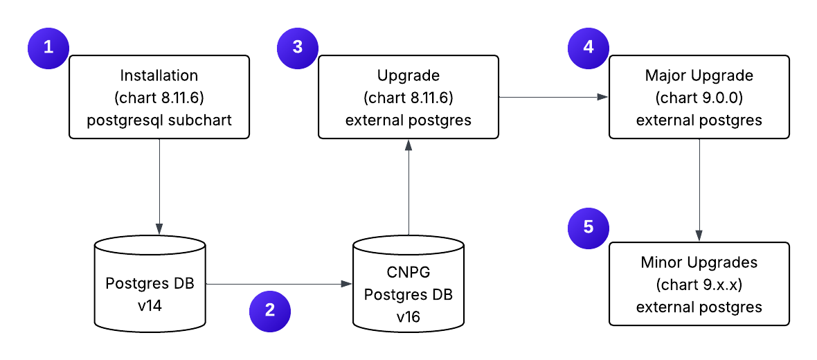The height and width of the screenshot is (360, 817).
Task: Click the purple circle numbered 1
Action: click(48, 48)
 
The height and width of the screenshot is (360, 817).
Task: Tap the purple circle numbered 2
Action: click(269, 309)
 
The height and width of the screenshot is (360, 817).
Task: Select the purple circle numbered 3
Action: click(297, 48)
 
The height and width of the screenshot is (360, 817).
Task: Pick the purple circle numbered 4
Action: click(588, 48)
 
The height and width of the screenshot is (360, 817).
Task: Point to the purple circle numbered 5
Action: click(588, 226)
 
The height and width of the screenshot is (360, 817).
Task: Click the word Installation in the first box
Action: click(159, 75)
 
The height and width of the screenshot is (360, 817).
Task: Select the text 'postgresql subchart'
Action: click(159, 120)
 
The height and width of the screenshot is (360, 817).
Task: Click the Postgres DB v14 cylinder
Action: click(150, 284)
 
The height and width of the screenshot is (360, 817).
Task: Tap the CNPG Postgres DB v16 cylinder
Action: click(408, 284)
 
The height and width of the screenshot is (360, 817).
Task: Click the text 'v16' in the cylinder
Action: click(408, 316)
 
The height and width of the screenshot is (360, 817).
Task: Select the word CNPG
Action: click(408, 272)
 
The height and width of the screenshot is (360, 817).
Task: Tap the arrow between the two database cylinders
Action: click(277, 284)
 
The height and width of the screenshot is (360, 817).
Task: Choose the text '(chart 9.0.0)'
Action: click(699, 98)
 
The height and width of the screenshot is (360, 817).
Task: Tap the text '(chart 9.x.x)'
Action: click(699, 285)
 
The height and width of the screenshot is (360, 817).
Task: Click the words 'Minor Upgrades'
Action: click(699, 262)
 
